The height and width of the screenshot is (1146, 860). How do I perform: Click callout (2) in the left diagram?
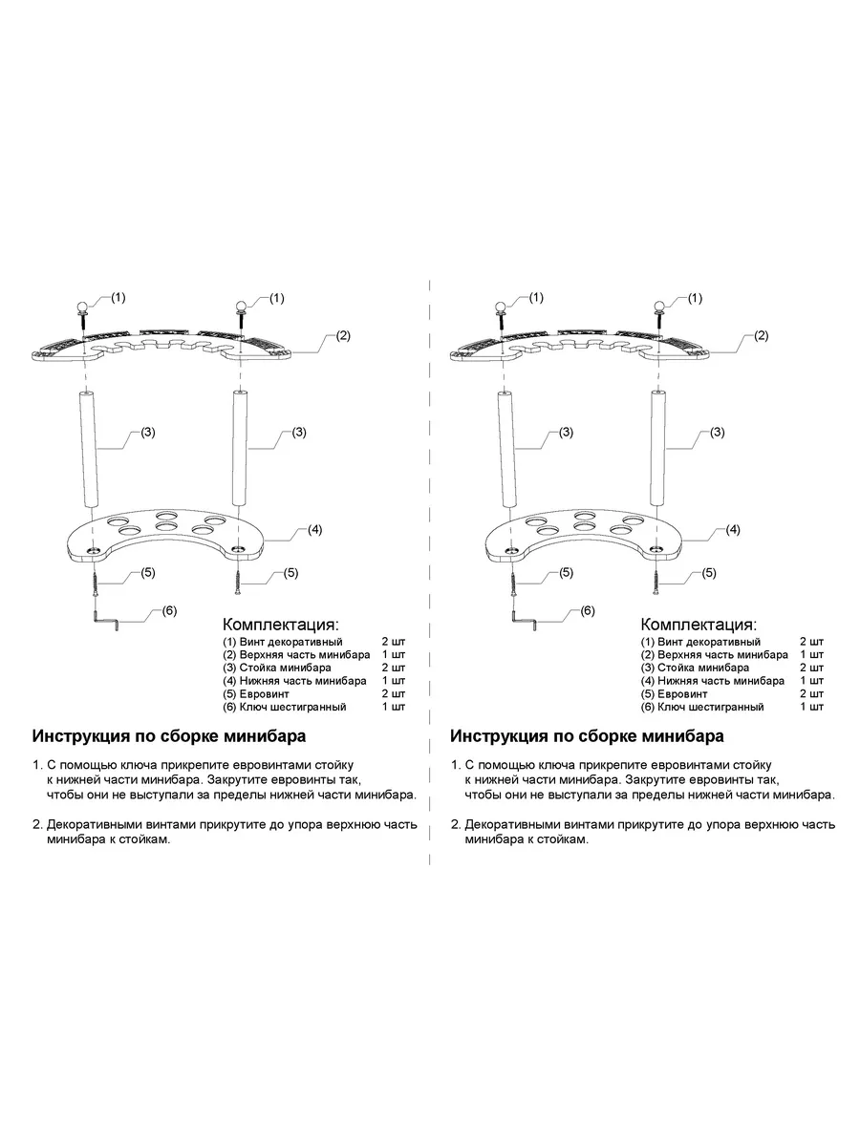tap(343, 336)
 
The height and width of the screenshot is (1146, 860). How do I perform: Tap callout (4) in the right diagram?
tap(733, 528)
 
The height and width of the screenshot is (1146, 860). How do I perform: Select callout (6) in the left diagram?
tap(168, 610)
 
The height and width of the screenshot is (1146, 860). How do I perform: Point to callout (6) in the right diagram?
tap(587, 610)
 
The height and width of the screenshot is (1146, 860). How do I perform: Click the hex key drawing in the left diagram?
tap(106, 622)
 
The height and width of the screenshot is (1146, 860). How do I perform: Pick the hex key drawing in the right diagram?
tap(525, 622)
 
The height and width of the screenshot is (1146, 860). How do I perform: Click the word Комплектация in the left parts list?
tap(280, 624)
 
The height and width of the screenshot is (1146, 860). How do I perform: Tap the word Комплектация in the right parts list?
tap(699, 624)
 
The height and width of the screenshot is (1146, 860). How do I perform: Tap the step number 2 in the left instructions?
tap(36, 823)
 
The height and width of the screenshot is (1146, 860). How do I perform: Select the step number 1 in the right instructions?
tap(455, 766)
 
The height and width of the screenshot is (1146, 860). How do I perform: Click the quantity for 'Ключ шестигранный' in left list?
tap(393, 707)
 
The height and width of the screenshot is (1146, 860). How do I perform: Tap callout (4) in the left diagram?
tap(314, 528)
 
